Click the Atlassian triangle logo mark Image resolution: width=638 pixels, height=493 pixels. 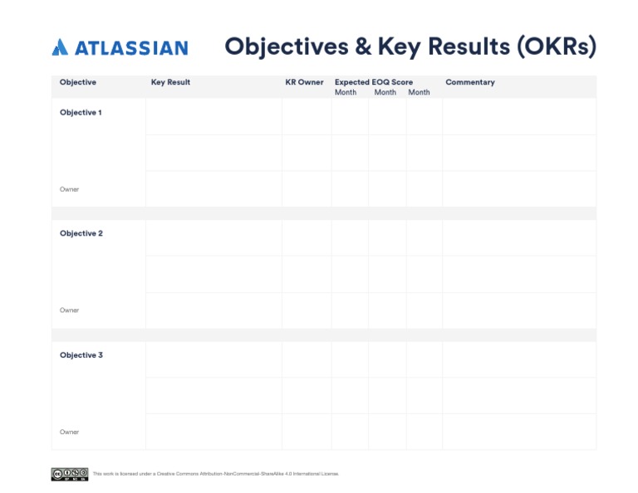click(60, 48)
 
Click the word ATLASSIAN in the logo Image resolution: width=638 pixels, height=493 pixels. click(131, 48)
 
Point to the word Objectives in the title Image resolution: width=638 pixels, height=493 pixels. click(286, 46)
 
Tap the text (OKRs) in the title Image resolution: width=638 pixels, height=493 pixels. click(556, 46)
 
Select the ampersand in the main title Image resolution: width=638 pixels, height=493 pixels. click(363, 46)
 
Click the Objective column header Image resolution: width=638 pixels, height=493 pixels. click(78, 82)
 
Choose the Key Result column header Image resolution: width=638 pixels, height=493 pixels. click(170, 82)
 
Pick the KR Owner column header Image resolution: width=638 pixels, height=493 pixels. click(304, 82)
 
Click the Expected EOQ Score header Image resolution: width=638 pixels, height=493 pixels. click(374, 82)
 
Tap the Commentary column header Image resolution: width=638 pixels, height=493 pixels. click(470, 82)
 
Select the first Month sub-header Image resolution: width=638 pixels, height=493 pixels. click(346, 92)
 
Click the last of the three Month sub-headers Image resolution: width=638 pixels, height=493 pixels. click(420, 92)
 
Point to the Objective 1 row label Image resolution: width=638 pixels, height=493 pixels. click(81, 113)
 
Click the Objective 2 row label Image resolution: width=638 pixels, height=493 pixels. click(81, 234)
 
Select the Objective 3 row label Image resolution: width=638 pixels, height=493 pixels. click(81, 355)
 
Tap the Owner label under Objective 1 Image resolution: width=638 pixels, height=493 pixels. click(70, 189)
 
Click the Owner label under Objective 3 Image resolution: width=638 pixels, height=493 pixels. click(70, 432)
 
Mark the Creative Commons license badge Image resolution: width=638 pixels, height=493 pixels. click(70, 474)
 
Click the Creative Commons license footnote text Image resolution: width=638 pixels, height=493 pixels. click(216, 474)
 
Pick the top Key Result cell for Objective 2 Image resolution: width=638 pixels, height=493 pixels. click(213, 238)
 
